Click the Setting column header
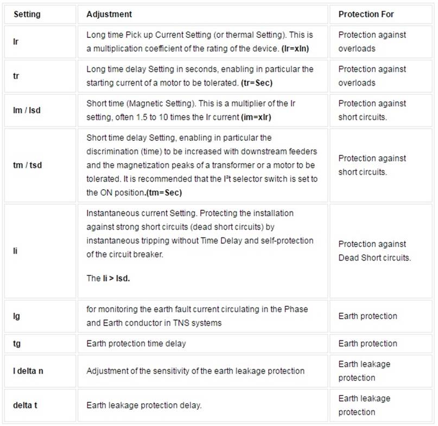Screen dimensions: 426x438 [x=27, y=14]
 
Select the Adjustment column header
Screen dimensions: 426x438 [x=109, y=14]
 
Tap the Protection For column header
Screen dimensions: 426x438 [x=366, y=14]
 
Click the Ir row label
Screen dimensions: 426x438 [x=16, y=41]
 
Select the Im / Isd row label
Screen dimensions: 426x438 [x=27, y=110]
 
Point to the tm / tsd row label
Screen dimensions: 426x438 [x=28, y=165]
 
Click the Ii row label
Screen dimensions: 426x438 [x=15, y=251]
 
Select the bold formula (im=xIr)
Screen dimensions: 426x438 [x=260, y=117]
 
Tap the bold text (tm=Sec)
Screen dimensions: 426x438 [x=164, y=193]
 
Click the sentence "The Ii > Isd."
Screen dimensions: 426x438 [x=109, y=278]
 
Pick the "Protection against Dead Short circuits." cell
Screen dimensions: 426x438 [x=374, y=251]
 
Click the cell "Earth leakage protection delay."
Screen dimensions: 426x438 [x=144, y=405]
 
